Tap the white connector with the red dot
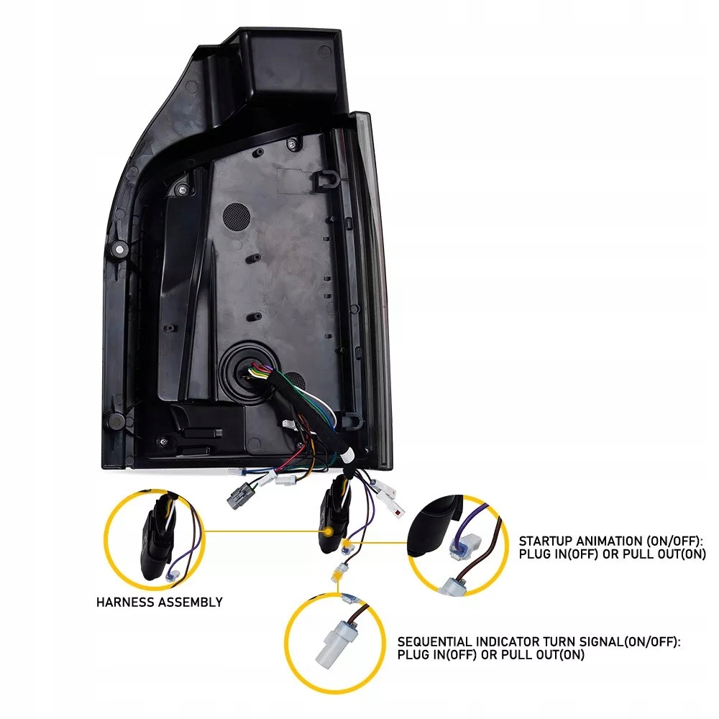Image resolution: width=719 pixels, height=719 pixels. tap(397, 508)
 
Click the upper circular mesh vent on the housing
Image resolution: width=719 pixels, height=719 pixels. tap(236, 216)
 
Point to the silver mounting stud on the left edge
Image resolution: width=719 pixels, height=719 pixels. tap(119, 249)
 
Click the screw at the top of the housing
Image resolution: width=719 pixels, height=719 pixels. tap(292, 145)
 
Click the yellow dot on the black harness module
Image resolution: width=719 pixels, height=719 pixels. tap(328, 531)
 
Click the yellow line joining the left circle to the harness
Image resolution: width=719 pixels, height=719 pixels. tap(264, 532)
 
